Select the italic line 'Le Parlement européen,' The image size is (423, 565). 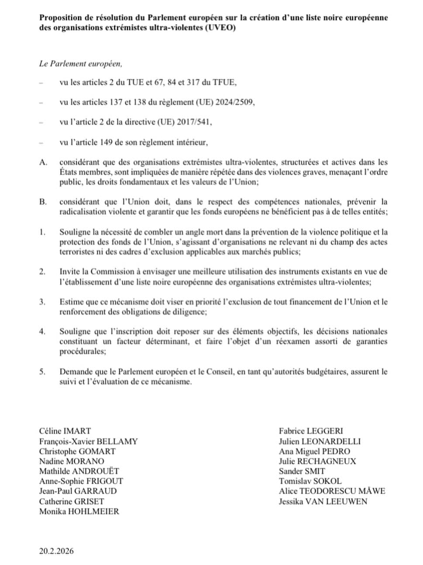[80, 64]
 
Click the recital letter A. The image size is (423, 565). [43, 162]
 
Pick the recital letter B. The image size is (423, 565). [42, 202]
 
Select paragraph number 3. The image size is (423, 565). [42, 302]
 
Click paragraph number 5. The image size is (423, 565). [42, 372]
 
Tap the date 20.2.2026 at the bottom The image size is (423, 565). [56, 551]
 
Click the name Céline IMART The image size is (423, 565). [65, 431]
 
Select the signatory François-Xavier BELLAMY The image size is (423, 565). [88, 441]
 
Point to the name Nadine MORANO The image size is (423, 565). [72, 461]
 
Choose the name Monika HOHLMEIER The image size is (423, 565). [79, 511]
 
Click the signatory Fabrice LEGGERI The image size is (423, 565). [311, 431]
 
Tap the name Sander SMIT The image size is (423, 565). [302, 471]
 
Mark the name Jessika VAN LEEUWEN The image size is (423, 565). [323, 501]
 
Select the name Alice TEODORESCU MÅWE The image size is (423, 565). [332, 491]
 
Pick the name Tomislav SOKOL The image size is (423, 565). [310, 481]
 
